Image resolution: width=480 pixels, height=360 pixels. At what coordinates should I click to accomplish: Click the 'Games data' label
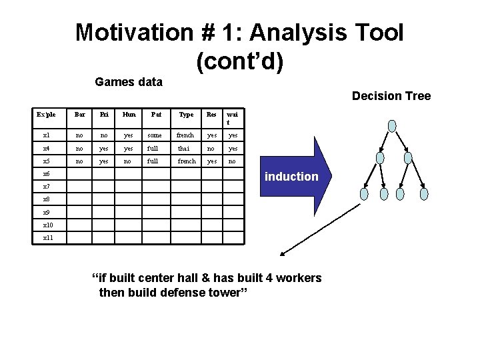coord(129,82)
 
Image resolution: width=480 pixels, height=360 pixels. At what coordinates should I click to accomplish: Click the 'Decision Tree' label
coord(391,96)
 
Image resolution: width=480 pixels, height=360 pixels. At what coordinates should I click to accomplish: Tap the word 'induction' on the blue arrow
coord(291,177)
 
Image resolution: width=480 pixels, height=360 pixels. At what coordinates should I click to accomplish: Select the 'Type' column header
coord(186,115)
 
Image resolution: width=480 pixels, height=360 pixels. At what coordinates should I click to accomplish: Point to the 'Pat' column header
coord(155,115)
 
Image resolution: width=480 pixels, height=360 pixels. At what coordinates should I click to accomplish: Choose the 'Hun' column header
coord(129,115)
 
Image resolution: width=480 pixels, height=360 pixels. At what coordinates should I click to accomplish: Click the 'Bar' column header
coord(80,115)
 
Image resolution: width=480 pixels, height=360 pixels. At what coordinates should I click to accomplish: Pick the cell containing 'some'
coord(155,135)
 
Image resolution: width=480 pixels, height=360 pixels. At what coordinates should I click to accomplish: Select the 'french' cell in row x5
coord(186,161)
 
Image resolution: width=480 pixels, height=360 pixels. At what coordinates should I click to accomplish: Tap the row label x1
coord(47,135)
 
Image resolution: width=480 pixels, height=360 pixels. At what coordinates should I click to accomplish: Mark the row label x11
coord(48,237)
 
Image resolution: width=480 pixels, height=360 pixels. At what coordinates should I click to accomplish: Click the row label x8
coord(47,199)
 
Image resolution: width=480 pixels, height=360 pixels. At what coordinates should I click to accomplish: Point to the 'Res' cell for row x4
coord(211,148)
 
